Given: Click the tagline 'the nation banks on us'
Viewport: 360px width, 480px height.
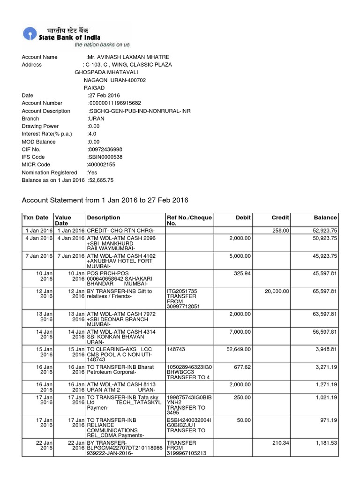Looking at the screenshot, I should click(x=102, y=45).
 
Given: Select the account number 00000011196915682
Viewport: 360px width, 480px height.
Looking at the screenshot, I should click(x=115, y=103).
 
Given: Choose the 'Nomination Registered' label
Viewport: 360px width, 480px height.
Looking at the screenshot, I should click(x=49, y=172).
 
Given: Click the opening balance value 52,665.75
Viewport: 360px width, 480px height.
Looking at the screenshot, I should click(x=101, y=180).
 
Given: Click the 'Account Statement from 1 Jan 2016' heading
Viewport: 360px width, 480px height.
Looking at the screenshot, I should click(x=105, y=200).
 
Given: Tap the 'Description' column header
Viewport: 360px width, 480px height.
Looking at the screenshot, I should click(x=104, y=217).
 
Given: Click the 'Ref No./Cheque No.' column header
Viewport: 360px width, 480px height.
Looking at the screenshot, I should click(x=189, y=221).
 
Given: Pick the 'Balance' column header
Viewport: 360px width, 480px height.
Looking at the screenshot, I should click(x=325, y=217).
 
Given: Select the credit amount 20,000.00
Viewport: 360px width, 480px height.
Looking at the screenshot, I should click(x=277, y=291).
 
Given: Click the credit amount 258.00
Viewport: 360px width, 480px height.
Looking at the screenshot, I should click(x=281, y=231).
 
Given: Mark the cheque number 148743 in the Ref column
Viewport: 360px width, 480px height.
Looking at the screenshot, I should click(x=176, y=348).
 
